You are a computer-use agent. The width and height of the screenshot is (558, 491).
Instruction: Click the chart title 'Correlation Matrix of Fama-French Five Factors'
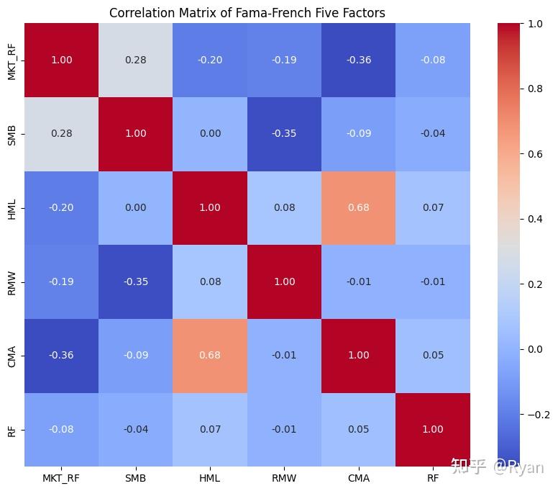pyautogui.click(x=247, y=12)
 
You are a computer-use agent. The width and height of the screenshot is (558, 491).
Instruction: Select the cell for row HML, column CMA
pyautogui.click(x=358, y=208)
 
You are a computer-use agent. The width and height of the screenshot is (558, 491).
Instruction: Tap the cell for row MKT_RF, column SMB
pyautogui.click(x=135, y=60)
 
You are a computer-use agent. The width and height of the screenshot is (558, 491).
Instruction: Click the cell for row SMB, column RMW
pyautogui.click(x=284, y=134)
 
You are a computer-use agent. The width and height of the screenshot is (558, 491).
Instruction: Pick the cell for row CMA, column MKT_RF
pyautogui.click(x=61, y=356)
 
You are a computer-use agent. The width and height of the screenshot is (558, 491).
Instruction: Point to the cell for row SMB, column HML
pyautogui.click(x=210, y=134)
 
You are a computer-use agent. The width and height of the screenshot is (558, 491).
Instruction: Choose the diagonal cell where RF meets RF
pyautogui.click(x=432, y=430)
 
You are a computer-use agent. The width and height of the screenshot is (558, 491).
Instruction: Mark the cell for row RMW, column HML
pyautogui.click(x=210, y=281)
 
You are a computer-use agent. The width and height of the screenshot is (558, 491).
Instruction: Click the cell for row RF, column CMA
pyautogui.click(x=358, y=430)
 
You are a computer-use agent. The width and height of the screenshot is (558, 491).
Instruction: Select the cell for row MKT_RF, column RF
pyautogui.click(x=432, y=60)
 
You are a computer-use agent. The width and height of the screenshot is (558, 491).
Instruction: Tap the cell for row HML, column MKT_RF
pyautogui.click(x=61, y=208)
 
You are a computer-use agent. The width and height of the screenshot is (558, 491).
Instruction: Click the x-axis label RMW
pyautogui.click(x=284, y=478)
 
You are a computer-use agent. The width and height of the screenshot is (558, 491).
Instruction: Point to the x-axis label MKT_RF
pyautogui.click(x=61, y=478)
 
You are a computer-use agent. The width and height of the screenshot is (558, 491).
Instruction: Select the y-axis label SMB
pyautogui.click(x=12, y=134)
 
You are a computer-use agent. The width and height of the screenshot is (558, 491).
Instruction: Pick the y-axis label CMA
pyautogui.click(x=12, y=356)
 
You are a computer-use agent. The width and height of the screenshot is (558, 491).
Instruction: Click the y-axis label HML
pyautogui.click(x=12, y=208)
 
